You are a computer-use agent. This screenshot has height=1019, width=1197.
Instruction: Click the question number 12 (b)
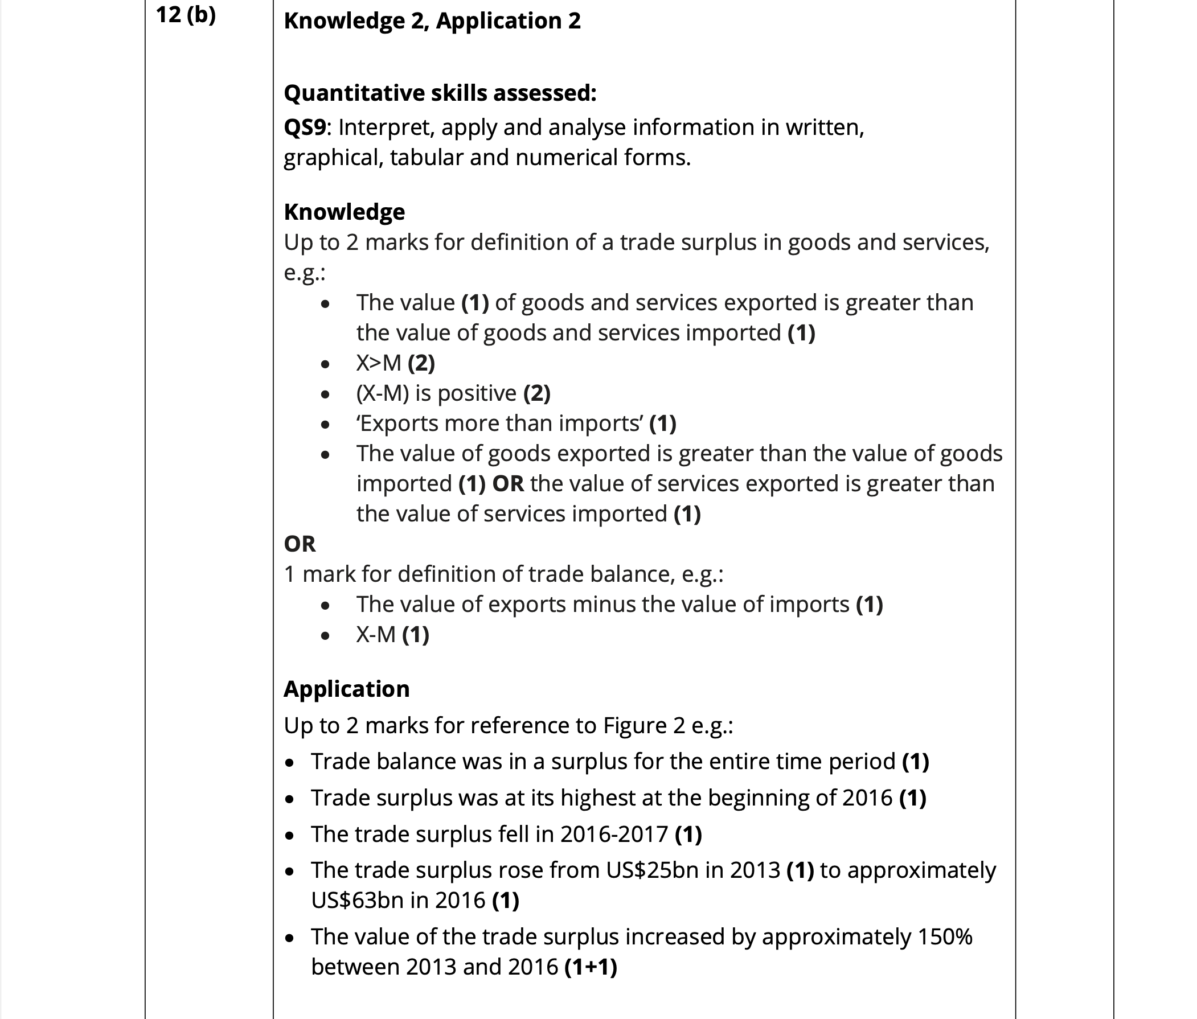click(x=186, y=14)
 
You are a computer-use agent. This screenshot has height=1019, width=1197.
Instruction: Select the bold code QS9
click(x=305, y=127)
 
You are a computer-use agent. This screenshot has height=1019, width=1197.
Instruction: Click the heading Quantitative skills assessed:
click(x=440, y=93)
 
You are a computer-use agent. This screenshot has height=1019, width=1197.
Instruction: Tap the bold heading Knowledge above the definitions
click(x=344, y=212)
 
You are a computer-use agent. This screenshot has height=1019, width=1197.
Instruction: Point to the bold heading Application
click(x=346, y=689)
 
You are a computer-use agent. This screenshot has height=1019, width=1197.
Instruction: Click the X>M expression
click(x=378, y=363)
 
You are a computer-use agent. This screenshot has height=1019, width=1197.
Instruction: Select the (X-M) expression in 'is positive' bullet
click(x=383, y=393)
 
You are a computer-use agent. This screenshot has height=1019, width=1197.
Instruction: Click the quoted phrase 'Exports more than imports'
click(x=500, y=424)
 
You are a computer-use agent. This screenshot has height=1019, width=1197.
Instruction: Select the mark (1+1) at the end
click(x=591, y=967)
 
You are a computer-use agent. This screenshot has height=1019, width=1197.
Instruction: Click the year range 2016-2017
click(x=614, y=834)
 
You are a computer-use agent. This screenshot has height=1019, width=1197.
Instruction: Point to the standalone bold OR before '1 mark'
click(x=300, y=544)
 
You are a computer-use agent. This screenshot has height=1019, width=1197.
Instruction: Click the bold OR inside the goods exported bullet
click(x=508, y=483)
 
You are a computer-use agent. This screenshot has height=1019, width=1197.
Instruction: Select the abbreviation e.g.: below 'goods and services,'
click(x=305, y=273)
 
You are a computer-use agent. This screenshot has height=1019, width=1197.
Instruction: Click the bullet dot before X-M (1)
click(x=325, y=636)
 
